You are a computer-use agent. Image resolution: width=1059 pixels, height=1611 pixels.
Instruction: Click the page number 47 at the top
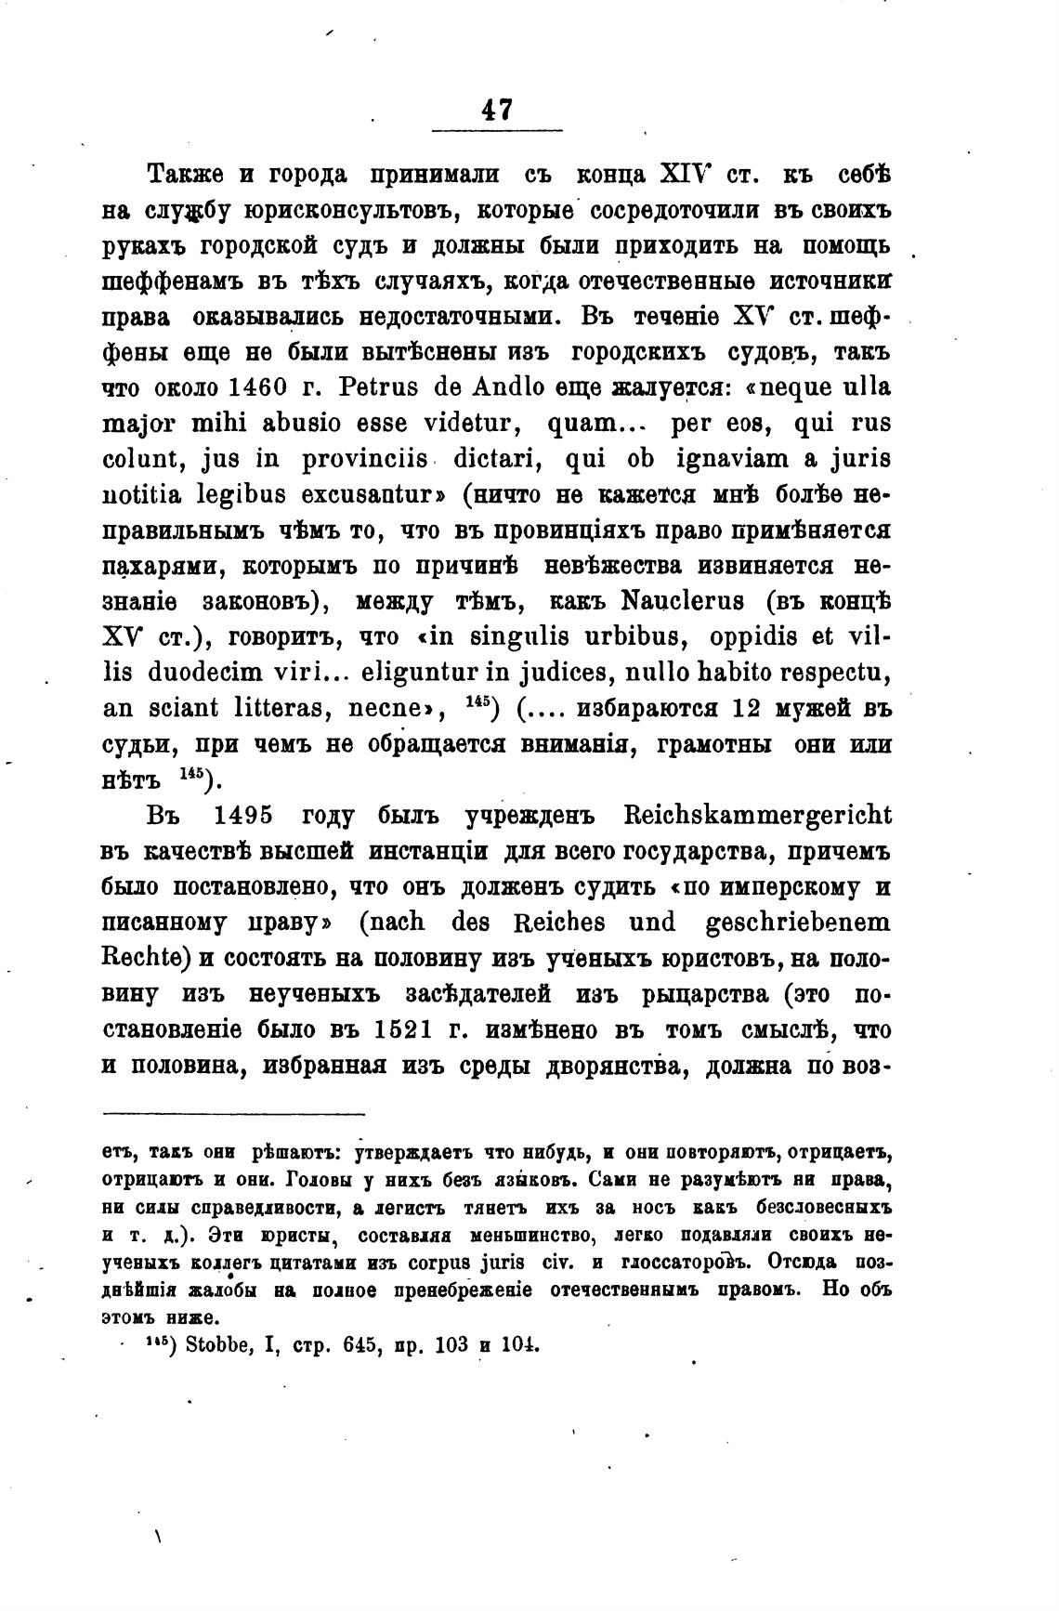[x=497, y=109]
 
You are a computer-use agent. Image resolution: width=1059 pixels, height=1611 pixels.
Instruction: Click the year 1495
[x=243, y=815]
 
